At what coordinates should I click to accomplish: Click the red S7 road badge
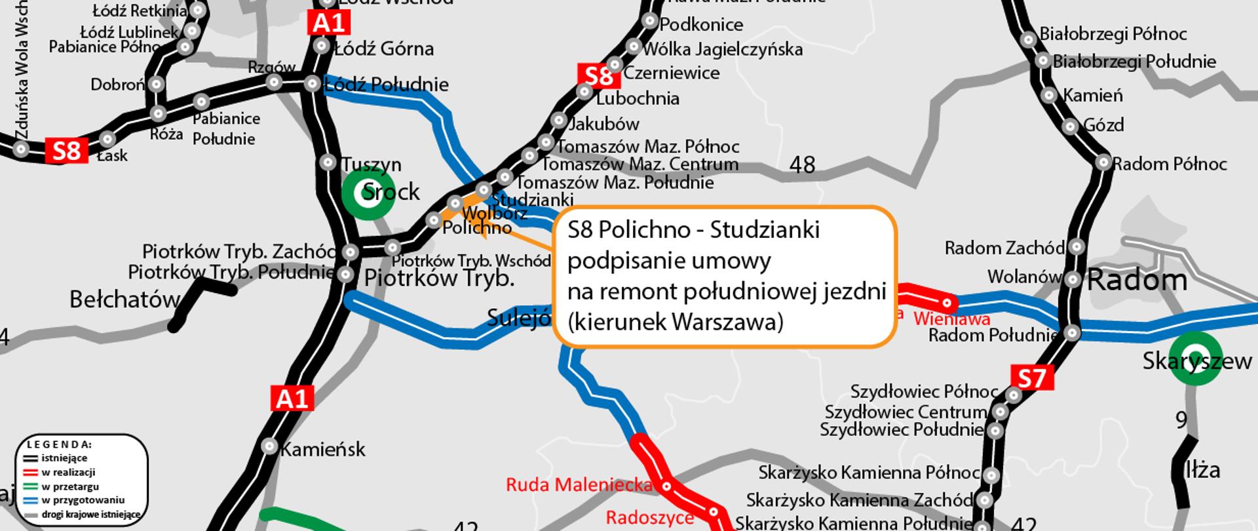pyautogui.click(x=1032, y=378)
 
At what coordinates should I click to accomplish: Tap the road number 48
pyautogui.click(x=802, y=165)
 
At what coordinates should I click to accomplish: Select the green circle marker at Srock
pyautogui.click(x=368, y=193)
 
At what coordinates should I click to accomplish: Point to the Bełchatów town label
pyautogui.click(x=124, y=300)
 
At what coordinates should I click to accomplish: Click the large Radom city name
pyautogui.click(x=1137, y=281)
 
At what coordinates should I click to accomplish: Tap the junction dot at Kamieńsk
pyautogui.click(x=269, y=446)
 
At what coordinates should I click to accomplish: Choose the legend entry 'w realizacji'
pyautogui.click(x=68, y=472)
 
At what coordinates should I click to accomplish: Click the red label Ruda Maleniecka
pyautogui.click(x=579, y=484)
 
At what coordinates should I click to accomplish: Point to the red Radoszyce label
pyautogui.click(x=649, y=517)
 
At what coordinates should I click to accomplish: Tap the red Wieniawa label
pyautogui.click(x=951, y=319)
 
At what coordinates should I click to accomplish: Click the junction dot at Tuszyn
pyautogui.click(x=328, y=162)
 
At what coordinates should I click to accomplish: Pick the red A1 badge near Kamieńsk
pyautogui.click(x=292, y=398)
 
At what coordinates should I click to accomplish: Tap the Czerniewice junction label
pyautogui.click(x=671, y=73)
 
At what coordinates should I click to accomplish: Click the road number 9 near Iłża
pyautogui.click(x=1181, y=420)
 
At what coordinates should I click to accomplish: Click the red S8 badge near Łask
pyautogui.click(x=66, y=151)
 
